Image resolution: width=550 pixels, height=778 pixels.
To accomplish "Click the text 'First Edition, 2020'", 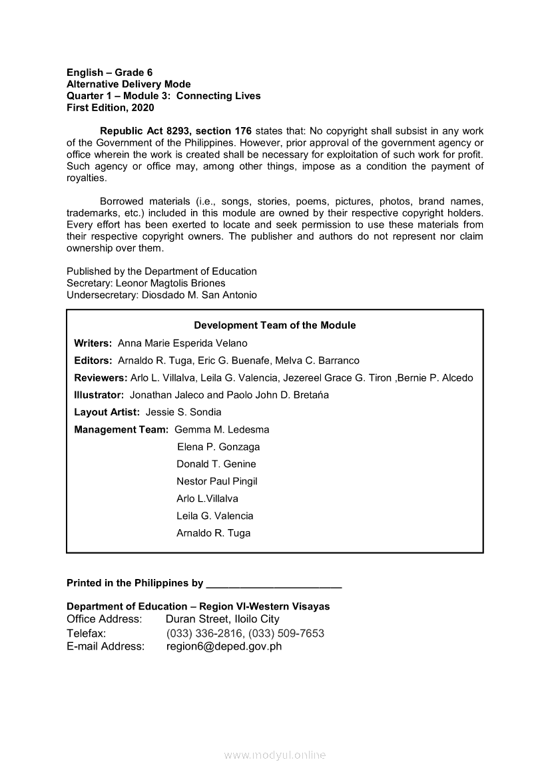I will click(110, 107).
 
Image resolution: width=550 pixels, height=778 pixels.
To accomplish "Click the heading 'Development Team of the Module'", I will click(274, 325).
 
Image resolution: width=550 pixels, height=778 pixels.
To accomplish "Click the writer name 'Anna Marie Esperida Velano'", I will click(182, 343).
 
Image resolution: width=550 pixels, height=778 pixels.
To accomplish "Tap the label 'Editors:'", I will click(93, 361).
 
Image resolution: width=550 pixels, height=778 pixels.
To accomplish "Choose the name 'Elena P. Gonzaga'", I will click(218, 447).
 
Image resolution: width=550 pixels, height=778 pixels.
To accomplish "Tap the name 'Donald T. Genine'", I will click(216, 465).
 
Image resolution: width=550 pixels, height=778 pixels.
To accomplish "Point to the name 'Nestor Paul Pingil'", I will click(217, 482).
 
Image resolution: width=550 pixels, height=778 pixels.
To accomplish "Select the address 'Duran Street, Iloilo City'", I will click(222, 620).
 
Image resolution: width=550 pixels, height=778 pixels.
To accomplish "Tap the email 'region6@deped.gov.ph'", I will click(224, 646).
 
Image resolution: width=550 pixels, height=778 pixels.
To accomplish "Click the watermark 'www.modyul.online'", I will click(275, 755).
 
